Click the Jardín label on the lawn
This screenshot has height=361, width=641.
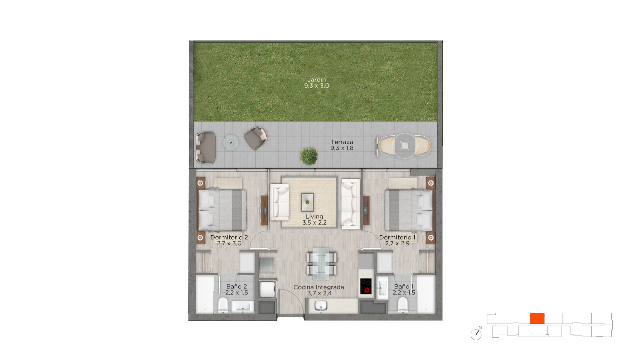pyautogui.click(x=316, y=80)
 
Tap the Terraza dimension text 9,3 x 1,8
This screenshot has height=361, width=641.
pyautogui.click(x=342, y=148)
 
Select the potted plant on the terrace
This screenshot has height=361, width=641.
pyautogui.click(x=309, y=156)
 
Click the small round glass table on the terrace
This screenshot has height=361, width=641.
pyautogui.click(x=231, y=143)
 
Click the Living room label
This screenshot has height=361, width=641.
pyautogui.click(x=314, y=217)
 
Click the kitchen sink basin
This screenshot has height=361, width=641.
pyautogui.click(x=321, y=305)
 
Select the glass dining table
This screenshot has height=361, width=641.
pyautogui.click(x=321, y=263)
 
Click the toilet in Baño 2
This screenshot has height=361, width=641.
pyautogui.click(x=223, y=306)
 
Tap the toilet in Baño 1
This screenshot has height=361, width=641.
pyautogui.click(x=403, y=306)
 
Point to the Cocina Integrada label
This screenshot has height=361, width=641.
pyautogui.click(x=318, y=287)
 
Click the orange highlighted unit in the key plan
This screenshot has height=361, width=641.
pyautogui.click(x=537, y=319)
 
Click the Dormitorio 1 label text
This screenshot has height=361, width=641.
pyautogui.click(x=397, y=238)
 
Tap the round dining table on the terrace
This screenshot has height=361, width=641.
pyautogui.click(x=405, y=146)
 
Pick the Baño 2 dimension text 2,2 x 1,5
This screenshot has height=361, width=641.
pyautogui.click(x=236, y=293)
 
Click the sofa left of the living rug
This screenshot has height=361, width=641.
pyautogui.click(x=279, y=203)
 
